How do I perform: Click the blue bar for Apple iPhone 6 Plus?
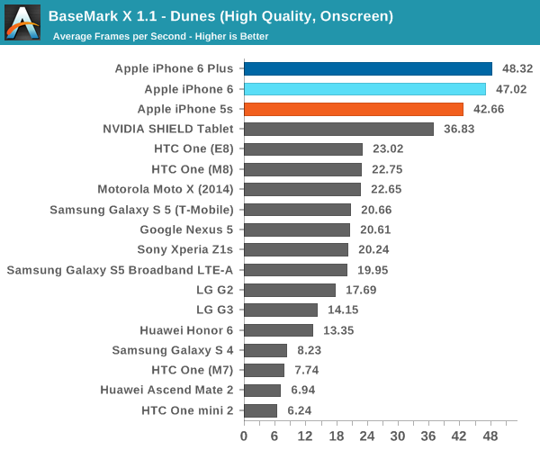(x=367, y=68)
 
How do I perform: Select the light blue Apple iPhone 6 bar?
(x=364, y=89)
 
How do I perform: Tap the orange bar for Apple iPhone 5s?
(x=353, y=109)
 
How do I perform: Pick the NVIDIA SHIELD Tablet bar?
(x=338, y=129)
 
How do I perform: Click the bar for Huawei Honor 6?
(x=278, y=330)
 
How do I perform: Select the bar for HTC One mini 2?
(x=260, y=410)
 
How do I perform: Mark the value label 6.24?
(x=301, y=410)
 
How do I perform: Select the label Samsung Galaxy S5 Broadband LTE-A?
(x=120, y=270)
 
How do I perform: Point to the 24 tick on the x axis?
(x=366, y=436)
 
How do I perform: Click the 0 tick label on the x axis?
(x=244, y=436)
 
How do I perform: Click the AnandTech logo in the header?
(x=22, y=22)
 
